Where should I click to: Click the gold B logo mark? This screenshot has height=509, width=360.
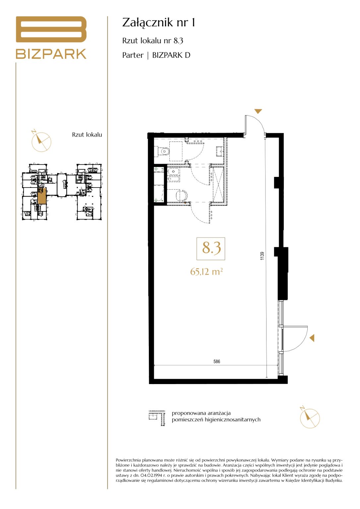tap(51, 29)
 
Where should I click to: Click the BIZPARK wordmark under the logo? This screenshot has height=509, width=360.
tap(51, 54)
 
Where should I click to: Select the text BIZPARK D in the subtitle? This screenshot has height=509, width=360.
tap(171, 55)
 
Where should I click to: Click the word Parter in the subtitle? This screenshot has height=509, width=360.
tap(133, 55)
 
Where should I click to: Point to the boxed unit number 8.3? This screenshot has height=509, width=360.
tap(211, 249)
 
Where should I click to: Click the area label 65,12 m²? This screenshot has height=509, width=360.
tap(207, 271)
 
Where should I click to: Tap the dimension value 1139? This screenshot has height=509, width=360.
tap(262, 256)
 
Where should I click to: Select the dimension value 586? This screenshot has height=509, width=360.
tap(216, 362)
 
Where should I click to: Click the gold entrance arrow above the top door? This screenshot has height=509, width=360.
tap(258, 111)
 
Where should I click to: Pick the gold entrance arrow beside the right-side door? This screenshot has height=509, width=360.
tap(312, 338)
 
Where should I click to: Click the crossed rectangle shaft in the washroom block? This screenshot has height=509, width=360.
tap(218, 185)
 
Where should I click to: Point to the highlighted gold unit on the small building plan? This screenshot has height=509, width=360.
tap(42, 196)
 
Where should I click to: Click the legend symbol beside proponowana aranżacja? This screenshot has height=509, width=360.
tap(157, 418)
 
